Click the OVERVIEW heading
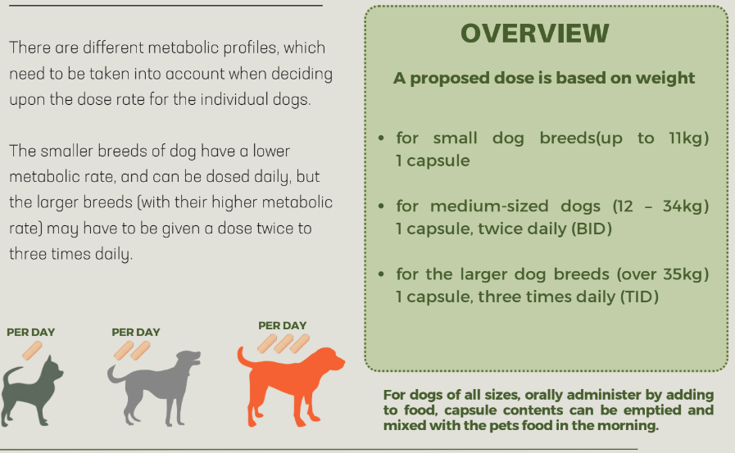coord(535,34)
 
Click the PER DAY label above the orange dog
coord(282,325)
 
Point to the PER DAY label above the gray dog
coord(136,332)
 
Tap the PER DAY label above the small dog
coord(31,332)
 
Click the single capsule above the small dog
coord(32,351)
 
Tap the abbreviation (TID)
coord(639,297)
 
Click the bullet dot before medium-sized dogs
coord(381,206)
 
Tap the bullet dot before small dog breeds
coord(381,138)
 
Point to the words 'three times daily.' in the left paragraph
coord(71,255)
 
